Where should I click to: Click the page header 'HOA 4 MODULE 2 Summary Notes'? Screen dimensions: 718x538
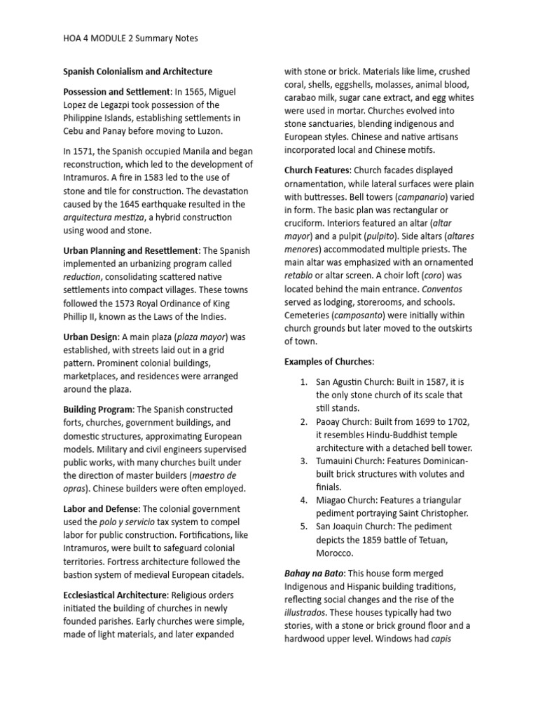125,38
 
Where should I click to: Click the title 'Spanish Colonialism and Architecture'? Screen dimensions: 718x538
137,72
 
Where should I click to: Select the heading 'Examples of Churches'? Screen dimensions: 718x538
329,361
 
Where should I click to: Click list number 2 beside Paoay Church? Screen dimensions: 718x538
304,421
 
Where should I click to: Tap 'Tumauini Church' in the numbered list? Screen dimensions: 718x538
352,461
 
